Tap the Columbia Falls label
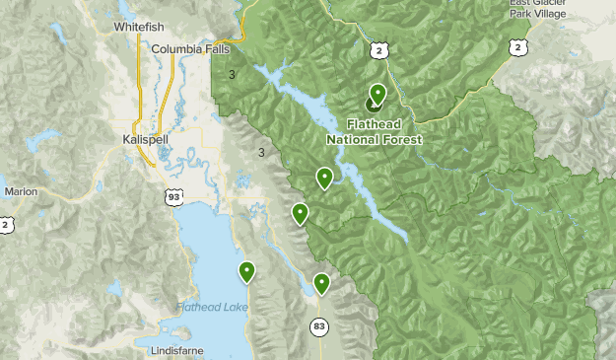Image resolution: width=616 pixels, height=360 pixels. click(x=190, y=48)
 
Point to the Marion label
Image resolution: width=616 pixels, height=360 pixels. click(x=20, y=191)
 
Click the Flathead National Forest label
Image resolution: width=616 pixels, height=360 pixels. click(x=375, y=132)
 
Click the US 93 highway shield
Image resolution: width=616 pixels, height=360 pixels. click(x=172, y=199)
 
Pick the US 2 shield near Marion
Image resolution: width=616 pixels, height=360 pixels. click(x=7, y=225)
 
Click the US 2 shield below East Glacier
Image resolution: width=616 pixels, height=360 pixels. click(x=515, y=46)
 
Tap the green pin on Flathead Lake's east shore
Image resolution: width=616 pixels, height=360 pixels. click(x=246, y=271)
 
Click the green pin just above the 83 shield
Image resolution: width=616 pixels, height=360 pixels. click(x=321, y=283)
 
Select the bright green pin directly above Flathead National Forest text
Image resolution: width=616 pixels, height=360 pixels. click(x=377, y=94)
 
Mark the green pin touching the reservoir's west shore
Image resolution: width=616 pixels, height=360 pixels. click(x=323, y=178)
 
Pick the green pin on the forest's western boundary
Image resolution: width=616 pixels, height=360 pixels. click(x=300, y=213)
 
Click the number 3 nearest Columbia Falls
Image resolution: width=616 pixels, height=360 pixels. click(x=232, y=74)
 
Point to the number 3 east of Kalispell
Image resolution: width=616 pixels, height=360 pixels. click(x=260, y=152)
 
